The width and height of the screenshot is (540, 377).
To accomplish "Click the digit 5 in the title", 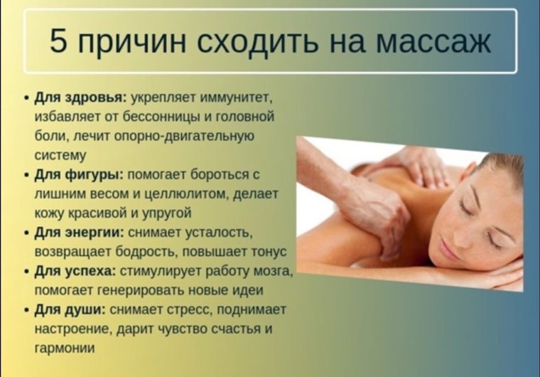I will click(x=58, y=41).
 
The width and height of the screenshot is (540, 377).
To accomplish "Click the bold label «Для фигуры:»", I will click(x=80, y=174).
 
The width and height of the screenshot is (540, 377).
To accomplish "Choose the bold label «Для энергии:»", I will click(x=80, y=233).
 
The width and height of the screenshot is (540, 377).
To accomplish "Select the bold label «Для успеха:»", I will click(x=75, y=271).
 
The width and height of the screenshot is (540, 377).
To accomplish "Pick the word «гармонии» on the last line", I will click(x=65, y=348).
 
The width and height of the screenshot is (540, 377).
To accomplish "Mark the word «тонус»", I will click(x=267, y=252).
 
